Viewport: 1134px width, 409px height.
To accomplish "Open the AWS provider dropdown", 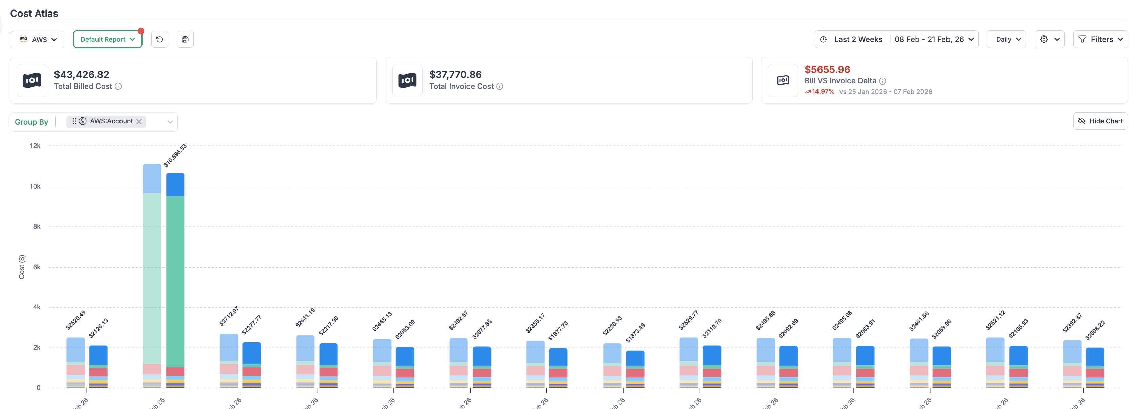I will pos(38,40).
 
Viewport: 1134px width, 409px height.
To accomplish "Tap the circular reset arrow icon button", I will pos(160,40).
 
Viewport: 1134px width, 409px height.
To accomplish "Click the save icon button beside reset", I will pos(185,40).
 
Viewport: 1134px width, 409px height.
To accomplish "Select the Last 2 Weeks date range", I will pos(857,40).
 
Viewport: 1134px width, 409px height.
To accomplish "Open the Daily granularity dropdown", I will pos(1006,40).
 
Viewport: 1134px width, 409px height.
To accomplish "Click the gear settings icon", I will pos(1044,40).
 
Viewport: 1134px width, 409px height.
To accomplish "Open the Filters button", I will pos(1100,40).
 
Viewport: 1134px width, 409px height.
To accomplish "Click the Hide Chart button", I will pos(1100,121).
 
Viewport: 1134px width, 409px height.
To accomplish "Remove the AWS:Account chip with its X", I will pos(139,122).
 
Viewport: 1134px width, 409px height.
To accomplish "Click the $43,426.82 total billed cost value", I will pos(82,75).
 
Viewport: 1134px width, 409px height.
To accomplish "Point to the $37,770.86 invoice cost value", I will pos(455,75).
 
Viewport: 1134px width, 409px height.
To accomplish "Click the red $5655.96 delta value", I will pos(827,70).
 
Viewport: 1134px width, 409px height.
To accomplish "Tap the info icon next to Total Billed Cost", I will pos(118,87).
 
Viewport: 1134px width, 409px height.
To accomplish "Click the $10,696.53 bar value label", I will pos(175,155).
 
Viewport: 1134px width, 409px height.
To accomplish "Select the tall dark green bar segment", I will pos(175,282).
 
